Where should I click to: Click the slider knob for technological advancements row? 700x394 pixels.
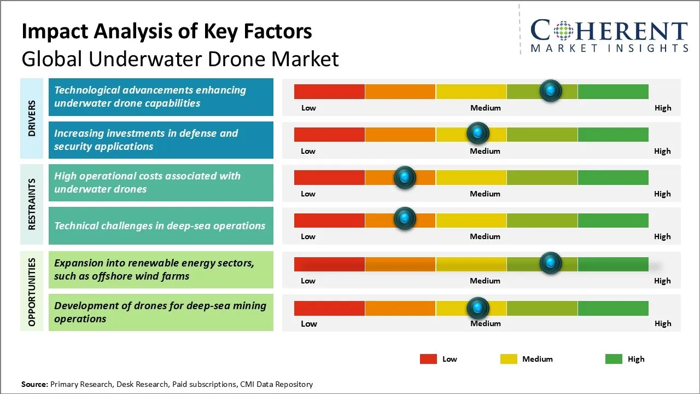coord(551,90)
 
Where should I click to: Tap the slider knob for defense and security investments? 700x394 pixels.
coord(478,133)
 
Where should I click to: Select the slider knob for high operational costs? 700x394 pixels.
coord(405,177)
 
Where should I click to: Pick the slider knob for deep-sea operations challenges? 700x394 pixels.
coord(405,219)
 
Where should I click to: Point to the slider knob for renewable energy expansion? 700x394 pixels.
coord(551,263)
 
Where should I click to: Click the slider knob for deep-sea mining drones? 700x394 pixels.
coord(478,308)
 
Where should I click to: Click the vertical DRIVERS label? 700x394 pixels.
coord(32,118)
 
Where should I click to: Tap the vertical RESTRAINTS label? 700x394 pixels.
coord(32,204)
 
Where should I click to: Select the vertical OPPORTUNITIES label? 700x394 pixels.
coord(32,292)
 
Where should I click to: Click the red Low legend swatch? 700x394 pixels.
coord(428,359)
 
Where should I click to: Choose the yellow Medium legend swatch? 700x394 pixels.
coord(509,359)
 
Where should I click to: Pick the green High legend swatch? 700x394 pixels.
coord(614,359)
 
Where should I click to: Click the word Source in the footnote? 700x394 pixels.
coord(34,384)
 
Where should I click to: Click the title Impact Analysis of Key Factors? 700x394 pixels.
coord(167,31)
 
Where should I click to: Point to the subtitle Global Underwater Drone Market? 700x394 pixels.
coord(180,59)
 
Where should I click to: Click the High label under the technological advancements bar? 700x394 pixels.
coord(663,108)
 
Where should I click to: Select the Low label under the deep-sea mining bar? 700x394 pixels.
coord(309,323)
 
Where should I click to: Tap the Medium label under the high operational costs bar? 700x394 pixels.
coord(485,194)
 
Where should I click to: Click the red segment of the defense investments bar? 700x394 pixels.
coord(329,134)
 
